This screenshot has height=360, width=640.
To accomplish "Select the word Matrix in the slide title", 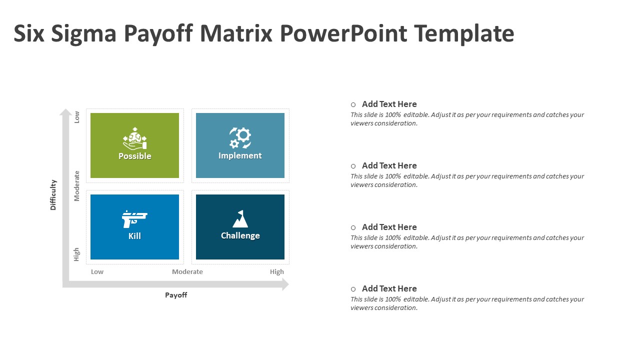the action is coord(236,33).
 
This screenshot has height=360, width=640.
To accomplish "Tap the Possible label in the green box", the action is coord(135,156).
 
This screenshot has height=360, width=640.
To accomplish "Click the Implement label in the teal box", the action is coord(240,155).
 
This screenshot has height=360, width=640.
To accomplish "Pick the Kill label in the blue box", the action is coord(134,236).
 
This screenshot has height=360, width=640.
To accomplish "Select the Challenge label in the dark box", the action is coord(240,235).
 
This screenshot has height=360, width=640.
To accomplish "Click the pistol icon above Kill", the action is coord(134,219).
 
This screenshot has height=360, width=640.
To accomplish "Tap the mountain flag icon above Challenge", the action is coord(240,219).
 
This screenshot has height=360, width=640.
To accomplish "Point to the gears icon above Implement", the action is coord(240,137).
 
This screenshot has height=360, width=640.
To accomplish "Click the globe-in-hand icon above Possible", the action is coord(135,138).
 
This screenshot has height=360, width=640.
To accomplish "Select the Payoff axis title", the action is coord(176,295).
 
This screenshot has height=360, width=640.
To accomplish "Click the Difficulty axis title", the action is coord(53,195).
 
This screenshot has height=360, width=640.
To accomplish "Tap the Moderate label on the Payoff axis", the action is coord(187,271).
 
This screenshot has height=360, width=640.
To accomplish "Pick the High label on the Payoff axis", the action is coord(277,271).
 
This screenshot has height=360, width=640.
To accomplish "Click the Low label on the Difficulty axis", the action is coord(76,117).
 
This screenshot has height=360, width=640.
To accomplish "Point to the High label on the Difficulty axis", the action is coord(76,254).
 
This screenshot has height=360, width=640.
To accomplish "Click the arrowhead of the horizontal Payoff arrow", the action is coord(285,284).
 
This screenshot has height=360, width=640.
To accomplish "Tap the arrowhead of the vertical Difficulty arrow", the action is coord(65,112).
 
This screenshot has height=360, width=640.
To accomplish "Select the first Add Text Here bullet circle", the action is coord(353,105).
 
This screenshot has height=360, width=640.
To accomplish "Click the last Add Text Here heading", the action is coord(389,288).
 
